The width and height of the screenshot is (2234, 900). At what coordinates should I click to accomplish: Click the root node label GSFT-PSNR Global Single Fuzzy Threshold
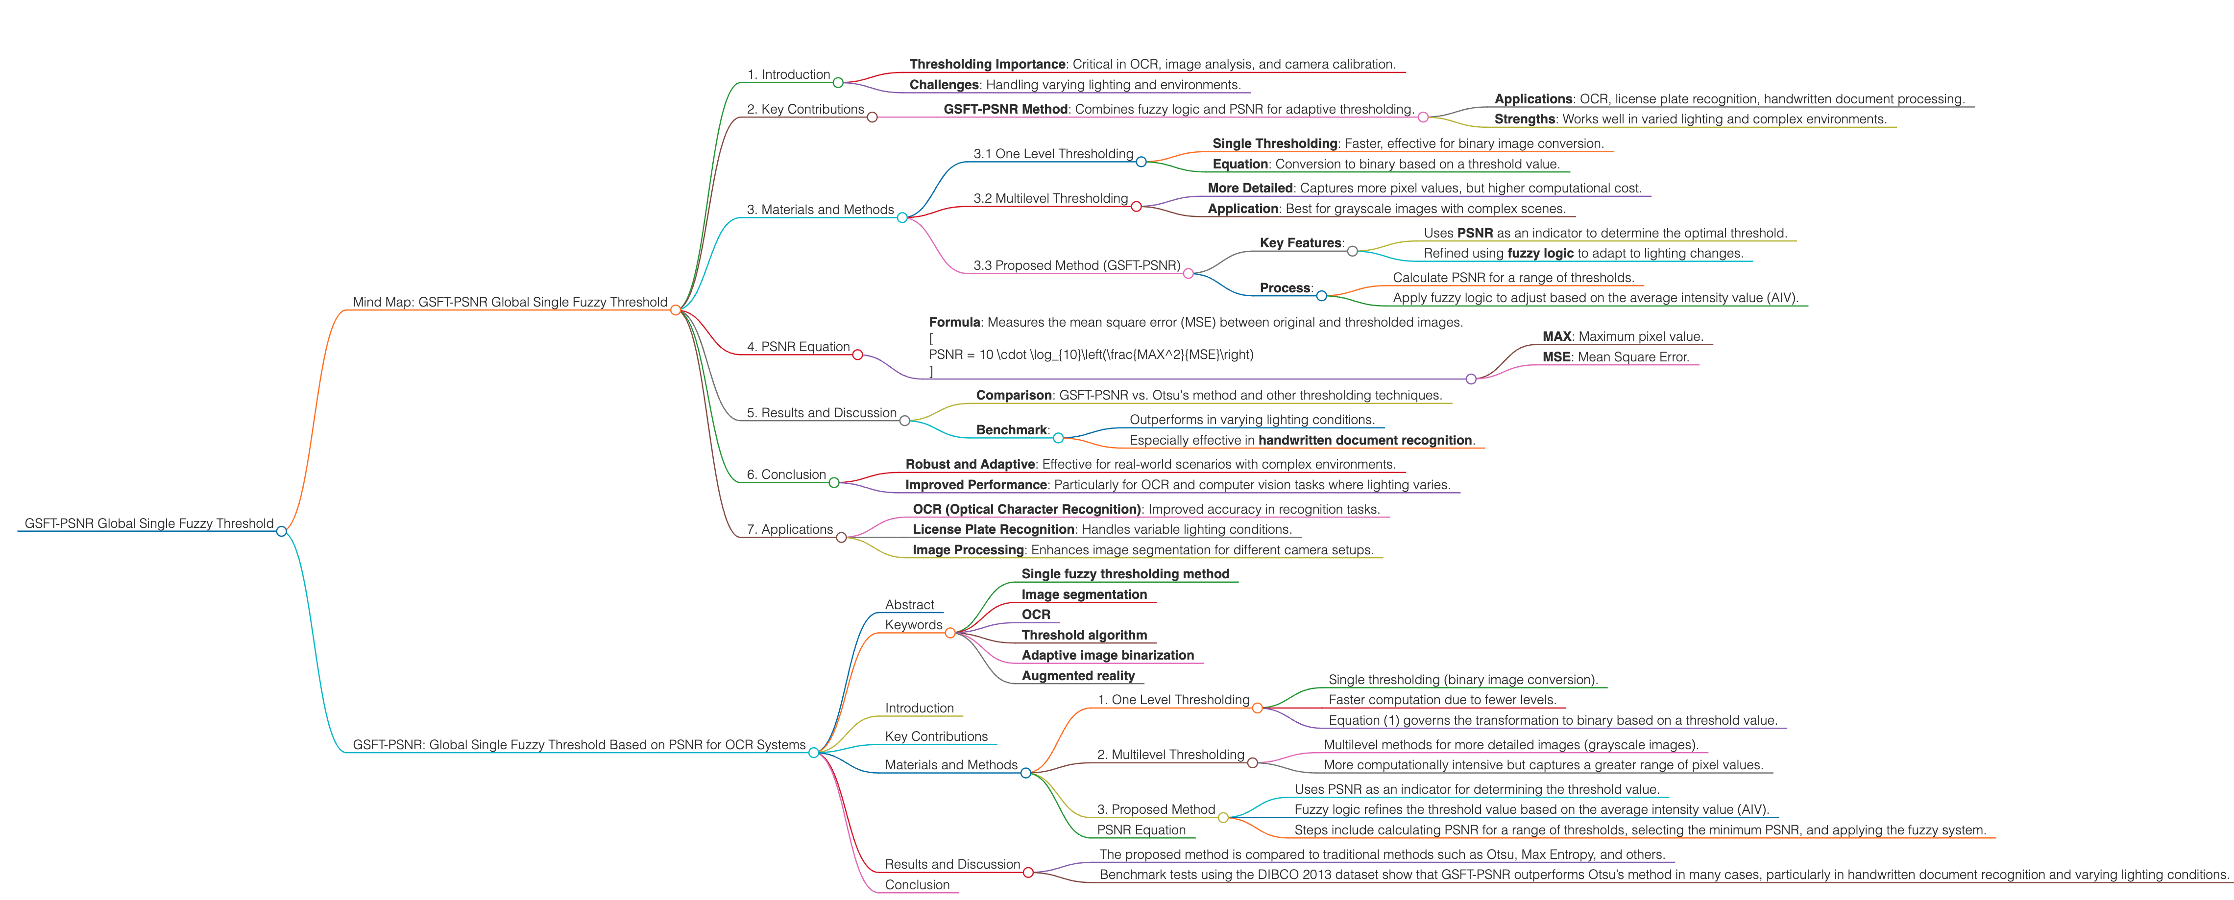tap(149, 524)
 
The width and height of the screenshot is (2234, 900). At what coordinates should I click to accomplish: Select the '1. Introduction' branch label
tap(788, 74)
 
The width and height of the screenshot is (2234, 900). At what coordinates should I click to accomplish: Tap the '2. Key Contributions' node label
tap(806, 109)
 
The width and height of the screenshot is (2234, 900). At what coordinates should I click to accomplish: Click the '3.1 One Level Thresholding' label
tap(1053, 153)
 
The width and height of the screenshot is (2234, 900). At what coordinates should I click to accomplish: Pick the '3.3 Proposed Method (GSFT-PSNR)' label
tap(1076, 265)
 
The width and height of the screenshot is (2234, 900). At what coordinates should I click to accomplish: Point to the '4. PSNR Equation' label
tap(798, 347)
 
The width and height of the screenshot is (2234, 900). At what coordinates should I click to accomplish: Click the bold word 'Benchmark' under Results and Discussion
tap(1011, 430)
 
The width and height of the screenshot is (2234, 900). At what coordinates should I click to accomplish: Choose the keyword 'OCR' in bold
tap(1036, 615)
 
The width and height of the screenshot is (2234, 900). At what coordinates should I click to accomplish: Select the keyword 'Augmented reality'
tap(1078, 676)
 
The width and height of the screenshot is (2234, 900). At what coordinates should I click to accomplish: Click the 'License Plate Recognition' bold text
tap(993, 530)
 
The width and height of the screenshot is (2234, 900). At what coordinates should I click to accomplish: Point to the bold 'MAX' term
tap(1556, 336)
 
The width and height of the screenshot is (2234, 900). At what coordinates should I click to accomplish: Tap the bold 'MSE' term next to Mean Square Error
tap(1556, 357)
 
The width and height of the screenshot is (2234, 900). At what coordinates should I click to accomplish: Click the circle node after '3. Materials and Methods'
tap(902, 217)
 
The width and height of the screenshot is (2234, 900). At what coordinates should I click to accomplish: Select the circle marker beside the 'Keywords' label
tap(949, 633)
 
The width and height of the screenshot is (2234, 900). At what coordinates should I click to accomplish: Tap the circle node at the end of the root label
tap(281, 531)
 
